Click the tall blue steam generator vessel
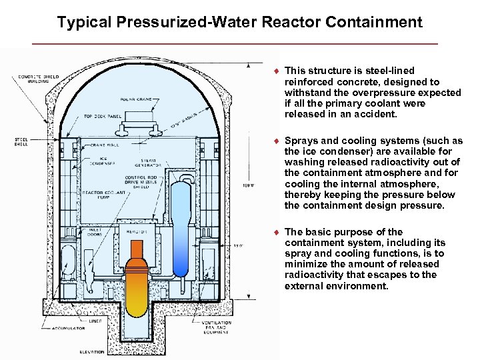point(180,220)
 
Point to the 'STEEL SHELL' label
point(22,141)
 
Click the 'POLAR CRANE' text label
point(137,99)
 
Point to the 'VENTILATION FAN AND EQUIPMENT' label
point(217,327)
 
